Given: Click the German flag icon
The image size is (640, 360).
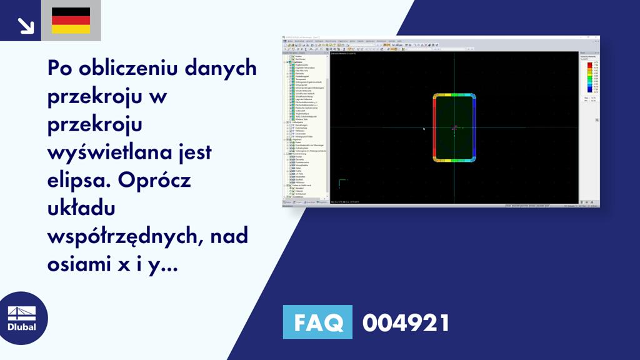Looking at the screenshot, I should [x=71, y=21].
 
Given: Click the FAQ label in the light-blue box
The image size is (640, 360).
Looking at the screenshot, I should [x=317, y=322].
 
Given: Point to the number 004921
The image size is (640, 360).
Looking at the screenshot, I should [x=406, y=322].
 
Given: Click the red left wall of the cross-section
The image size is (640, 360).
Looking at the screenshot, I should [x=434, y=128].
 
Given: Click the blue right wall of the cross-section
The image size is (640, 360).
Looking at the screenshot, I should [x=475, y=128].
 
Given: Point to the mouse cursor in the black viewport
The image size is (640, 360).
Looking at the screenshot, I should [x=424, y=129].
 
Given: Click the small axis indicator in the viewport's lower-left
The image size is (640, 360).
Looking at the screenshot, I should [x=341, y=183].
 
